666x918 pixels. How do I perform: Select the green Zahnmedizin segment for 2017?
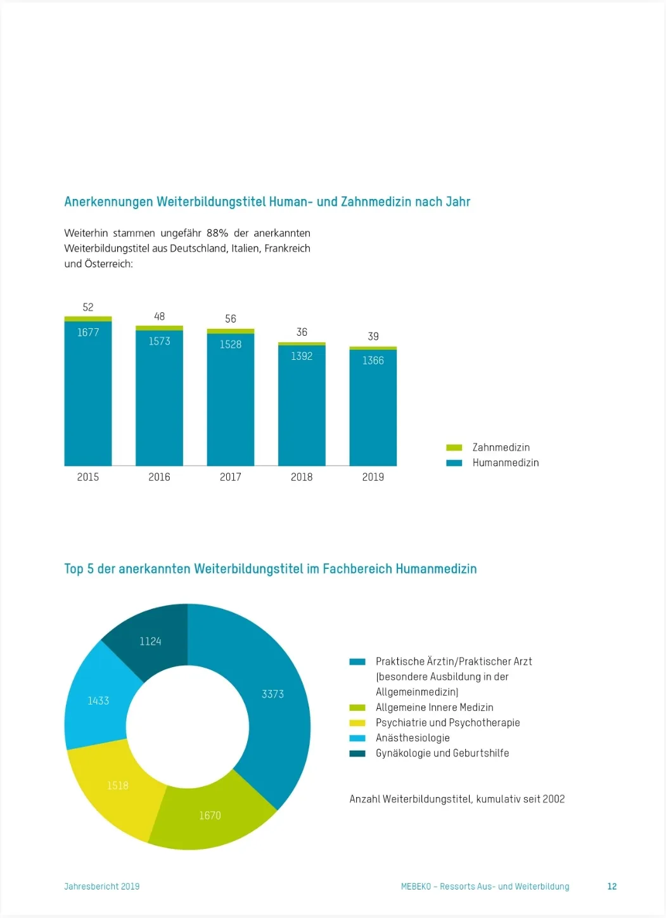coord(231,331)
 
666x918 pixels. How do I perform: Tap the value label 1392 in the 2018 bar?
coord(302,356)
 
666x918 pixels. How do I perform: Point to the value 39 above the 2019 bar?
coord(373,336)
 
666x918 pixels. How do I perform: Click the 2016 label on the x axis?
coord(159,477)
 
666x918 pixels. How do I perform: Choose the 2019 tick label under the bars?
coord(373,477)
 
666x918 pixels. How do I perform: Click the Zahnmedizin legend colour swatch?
coord(454,447)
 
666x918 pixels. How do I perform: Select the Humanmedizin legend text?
coord(506,462)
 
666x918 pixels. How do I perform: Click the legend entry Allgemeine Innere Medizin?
coord(434,707)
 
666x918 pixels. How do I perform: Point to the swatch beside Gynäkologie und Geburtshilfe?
coord(357,753)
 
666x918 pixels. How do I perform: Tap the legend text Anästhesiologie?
coord(413,738)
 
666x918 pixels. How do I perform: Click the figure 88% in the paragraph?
coord(217,233)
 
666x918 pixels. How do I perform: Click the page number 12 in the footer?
coord(612,886)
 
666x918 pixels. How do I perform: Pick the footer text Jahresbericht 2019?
coord(101,886)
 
